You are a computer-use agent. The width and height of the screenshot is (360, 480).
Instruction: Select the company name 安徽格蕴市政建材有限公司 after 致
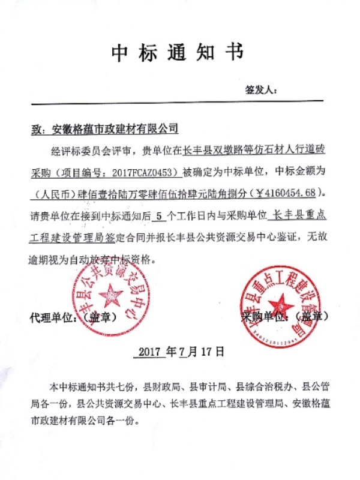(x=116, y=128)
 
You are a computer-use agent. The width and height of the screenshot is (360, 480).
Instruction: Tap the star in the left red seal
(x=110, y=295)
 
